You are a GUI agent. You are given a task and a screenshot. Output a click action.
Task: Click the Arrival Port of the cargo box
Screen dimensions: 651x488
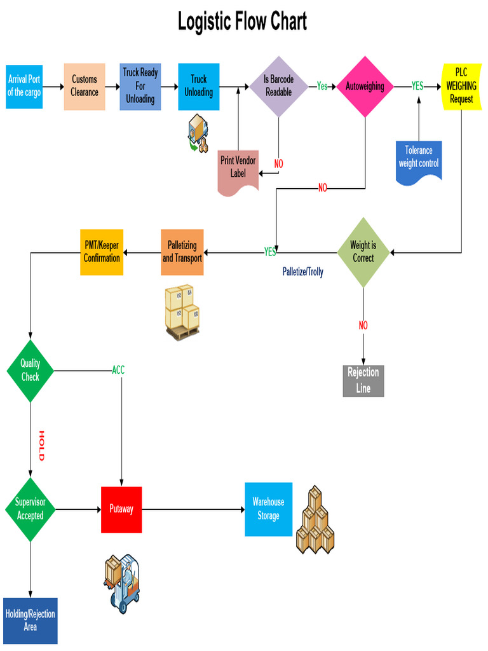pos(24,86)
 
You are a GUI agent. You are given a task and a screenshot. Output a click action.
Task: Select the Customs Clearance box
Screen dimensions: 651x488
pos(85,86)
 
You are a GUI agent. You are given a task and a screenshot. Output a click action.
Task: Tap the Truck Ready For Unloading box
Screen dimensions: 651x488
pos(140,86)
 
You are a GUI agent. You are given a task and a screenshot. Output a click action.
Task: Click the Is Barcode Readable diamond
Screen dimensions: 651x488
pos(278,86)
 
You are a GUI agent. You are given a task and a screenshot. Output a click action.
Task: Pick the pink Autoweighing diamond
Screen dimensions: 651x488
pos(365,86)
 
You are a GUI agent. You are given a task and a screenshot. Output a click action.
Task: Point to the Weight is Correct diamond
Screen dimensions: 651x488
pos(363,252)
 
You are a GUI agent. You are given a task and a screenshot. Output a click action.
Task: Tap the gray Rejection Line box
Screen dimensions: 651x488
pos(363,380)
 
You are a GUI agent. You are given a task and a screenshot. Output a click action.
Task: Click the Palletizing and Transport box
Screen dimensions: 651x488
pos(182,252)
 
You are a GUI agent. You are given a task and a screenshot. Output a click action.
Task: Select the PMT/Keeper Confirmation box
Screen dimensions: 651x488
pos(102,252)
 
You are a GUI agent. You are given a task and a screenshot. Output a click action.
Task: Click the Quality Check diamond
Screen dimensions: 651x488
pos(30,370)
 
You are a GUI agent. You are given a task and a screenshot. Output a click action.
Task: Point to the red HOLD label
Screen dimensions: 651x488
pos(42,446)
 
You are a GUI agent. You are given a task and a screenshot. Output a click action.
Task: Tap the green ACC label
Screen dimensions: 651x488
pos(118,370)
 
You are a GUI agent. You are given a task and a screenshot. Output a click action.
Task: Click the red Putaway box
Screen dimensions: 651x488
pos(121,509)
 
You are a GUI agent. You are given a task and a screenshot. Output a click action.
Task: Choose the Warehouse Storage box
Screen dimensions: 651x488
pos(268,509)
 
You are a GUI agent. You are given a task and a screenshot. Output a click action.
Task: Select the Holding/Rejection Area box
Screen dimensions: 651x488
pos(30,620)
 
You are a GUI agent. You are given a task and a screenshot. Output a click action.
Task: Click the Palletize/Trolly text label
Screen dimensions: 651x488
pos(302,272)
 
